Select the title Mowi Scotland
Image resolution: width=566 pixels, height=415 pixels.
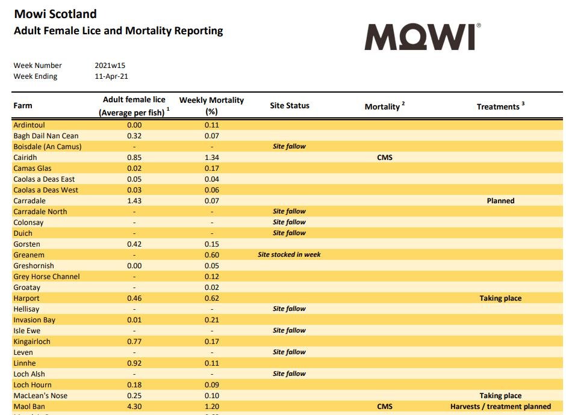click(x=55, y=13)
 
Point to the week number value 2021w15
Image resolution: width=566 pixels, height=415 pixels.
click(x=110, y=66)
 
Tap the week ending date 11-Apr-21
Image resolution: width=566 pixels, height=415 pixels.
click(x=111, y=76)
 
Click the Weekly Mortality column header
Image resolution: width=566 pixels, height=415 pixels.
click(x=211, y=105)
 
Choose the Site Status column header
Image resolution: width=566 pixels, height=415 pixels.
click(x=290, y=106)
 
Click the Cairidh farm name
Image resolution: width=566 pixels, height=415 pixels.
click(x=25, y=158)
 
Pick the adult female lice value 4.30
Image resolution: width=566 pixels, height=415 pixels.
click(x=134, y=407)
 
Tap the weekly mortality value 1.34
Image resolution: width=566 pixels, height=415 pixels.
click(x=211, y=158)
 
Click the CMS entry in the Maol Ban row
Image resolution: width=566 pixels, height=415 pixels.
click(x=385, y=407)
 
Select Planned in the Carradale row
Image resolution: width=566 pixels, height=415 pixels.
click(x=500, y=201)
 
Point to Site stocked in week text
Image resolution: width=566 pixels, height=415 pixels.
click(x=289, y=255)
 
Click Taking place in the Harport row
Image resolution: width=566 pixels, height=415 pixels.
click(x=500, y=298)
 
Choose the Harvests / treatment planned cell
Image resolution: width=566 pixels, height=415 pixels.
click(x=500, y=407)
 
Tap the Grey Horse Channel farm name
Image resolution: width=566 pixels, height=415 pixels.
click(x=46, y=277)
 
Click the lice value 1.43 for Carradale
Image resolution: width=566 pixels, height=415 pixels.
click(x=134, y=201)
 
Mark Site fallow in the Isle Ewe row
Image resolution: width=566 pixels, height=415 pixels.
click(x=289, y=331)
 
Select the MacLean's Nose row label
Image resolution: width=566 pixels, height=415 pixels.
click(x=40, y=396)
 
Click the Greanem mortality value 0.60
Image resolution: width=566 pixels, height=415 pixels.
click(x=211, y=255)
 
